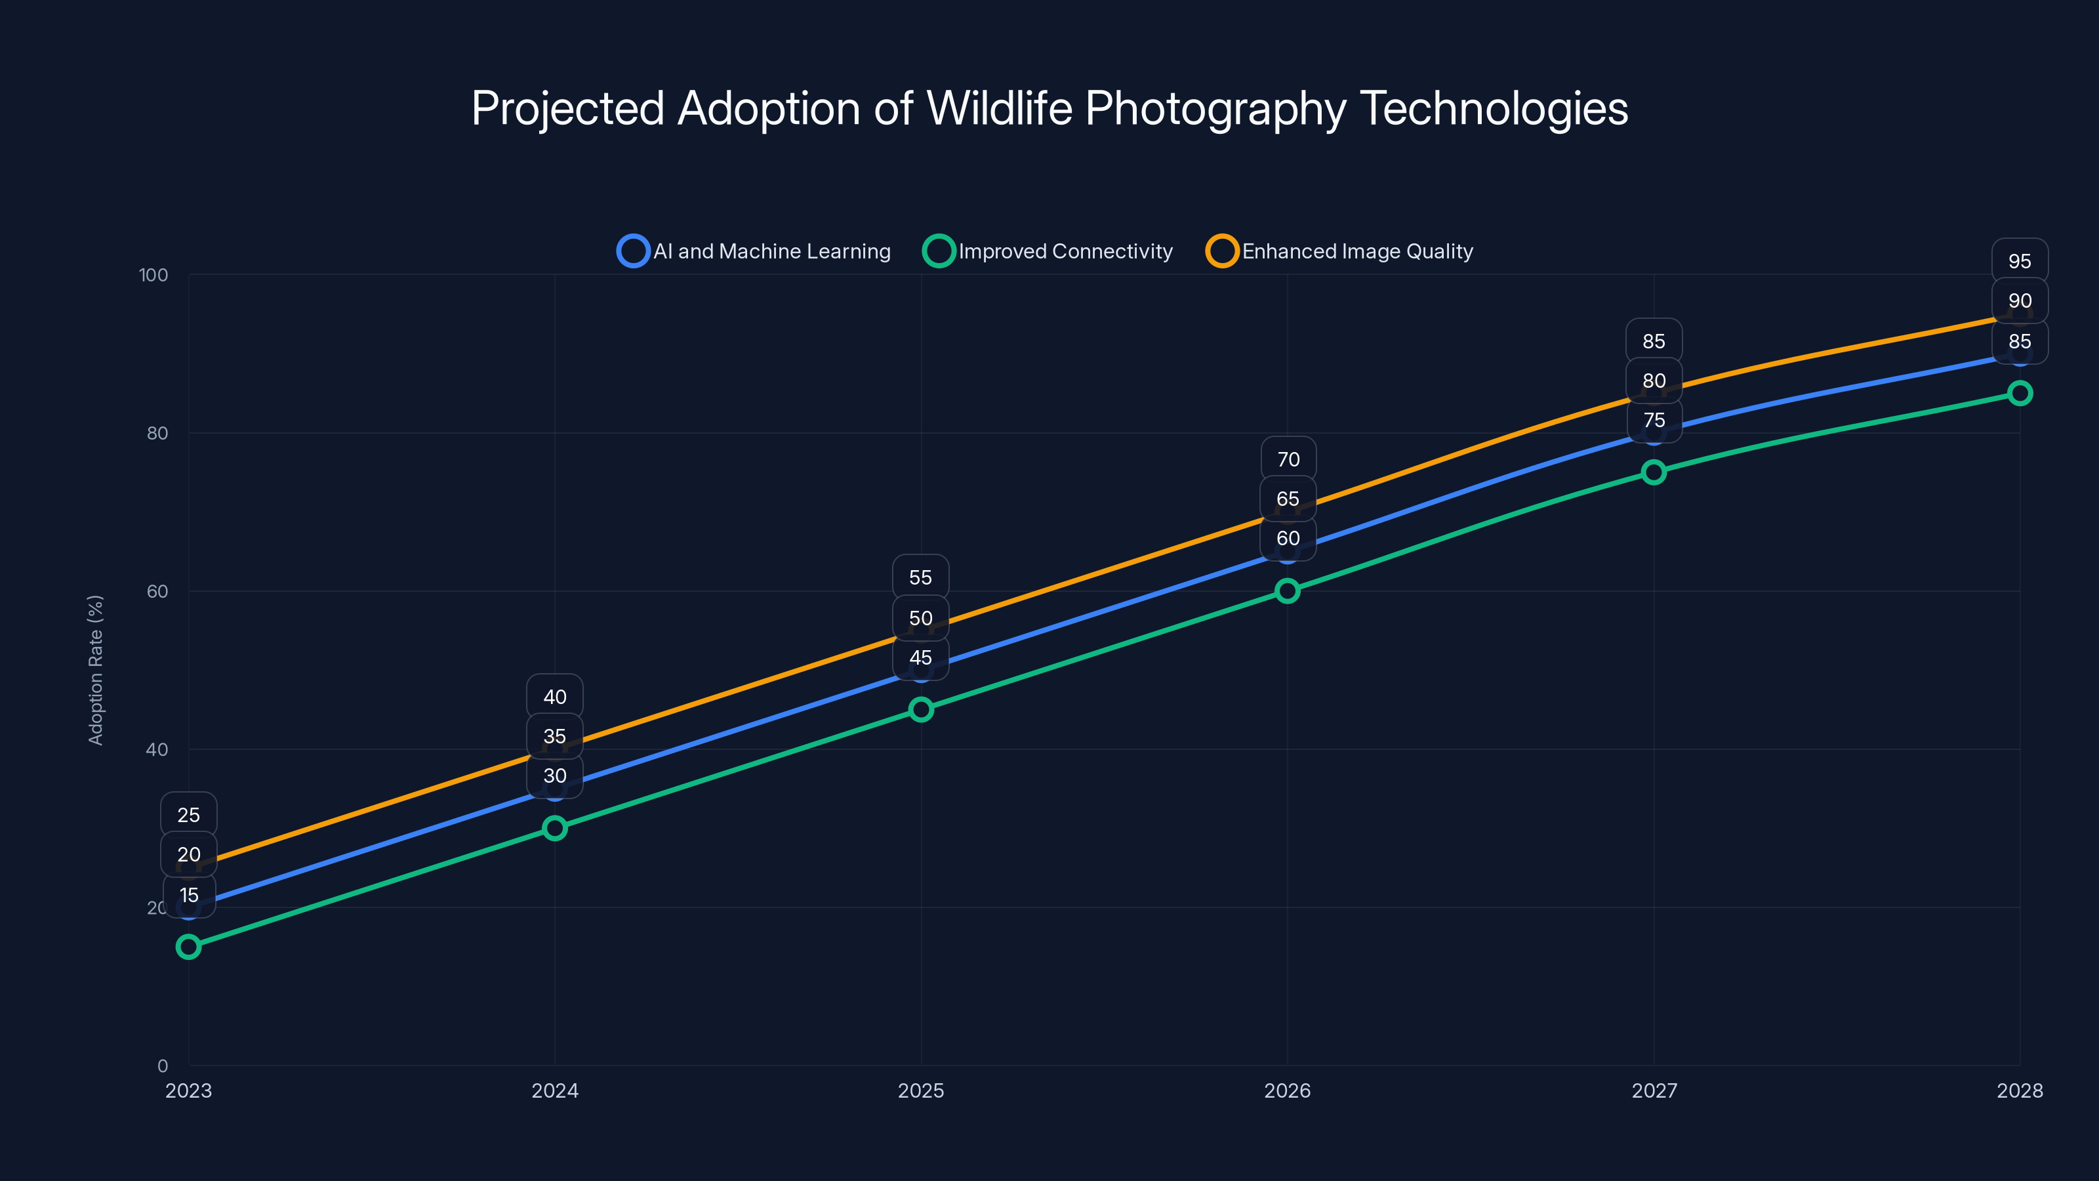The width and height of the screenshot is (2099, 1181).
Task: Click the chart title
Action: pos(1049,108)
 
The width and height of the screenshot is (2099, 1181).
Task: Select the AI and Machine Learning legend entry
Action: pos(754,251)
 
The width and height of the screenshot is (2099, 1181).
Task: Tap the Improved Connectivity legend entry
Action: pos(1048,251)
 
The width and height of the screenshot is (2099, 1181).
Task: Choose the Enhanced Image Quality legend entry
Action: pos(1339,251)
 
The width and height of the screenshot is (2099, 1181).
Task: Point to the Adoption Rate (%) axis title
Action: pos(95,669)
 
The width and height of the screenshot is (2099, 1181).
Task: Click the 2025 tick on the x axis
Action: pos(921,1090)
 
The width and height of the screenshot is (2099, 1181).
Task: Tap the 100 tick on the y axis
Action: pos(153,275)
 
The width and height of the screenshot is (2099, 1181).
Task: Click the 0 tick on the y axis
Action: pos(162,1066)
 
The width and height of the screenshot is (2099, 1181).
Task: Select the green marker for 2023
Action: pos(188,946)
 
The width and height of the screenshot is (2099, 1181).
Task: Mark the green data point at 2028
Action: pos(2019,394)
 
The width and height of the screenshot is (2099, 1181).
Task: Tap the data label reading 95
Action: pos(2019,262)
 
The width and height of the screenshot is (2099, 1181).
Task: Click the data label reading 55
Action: pos(921,578)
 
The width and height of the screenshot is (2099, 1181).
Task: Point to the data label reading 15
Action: pos(188,895)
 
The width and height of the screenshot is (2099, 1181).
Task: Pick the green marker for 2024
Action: pos(555,828)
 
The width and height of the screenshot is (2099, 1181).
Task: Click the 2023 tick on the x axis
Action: pos(188,1090)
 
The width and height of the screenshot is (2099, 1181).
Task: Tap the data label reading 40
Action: pos(555,697)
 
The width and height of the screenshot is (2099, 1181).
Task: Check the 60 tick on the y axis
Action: pos(157,591)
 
